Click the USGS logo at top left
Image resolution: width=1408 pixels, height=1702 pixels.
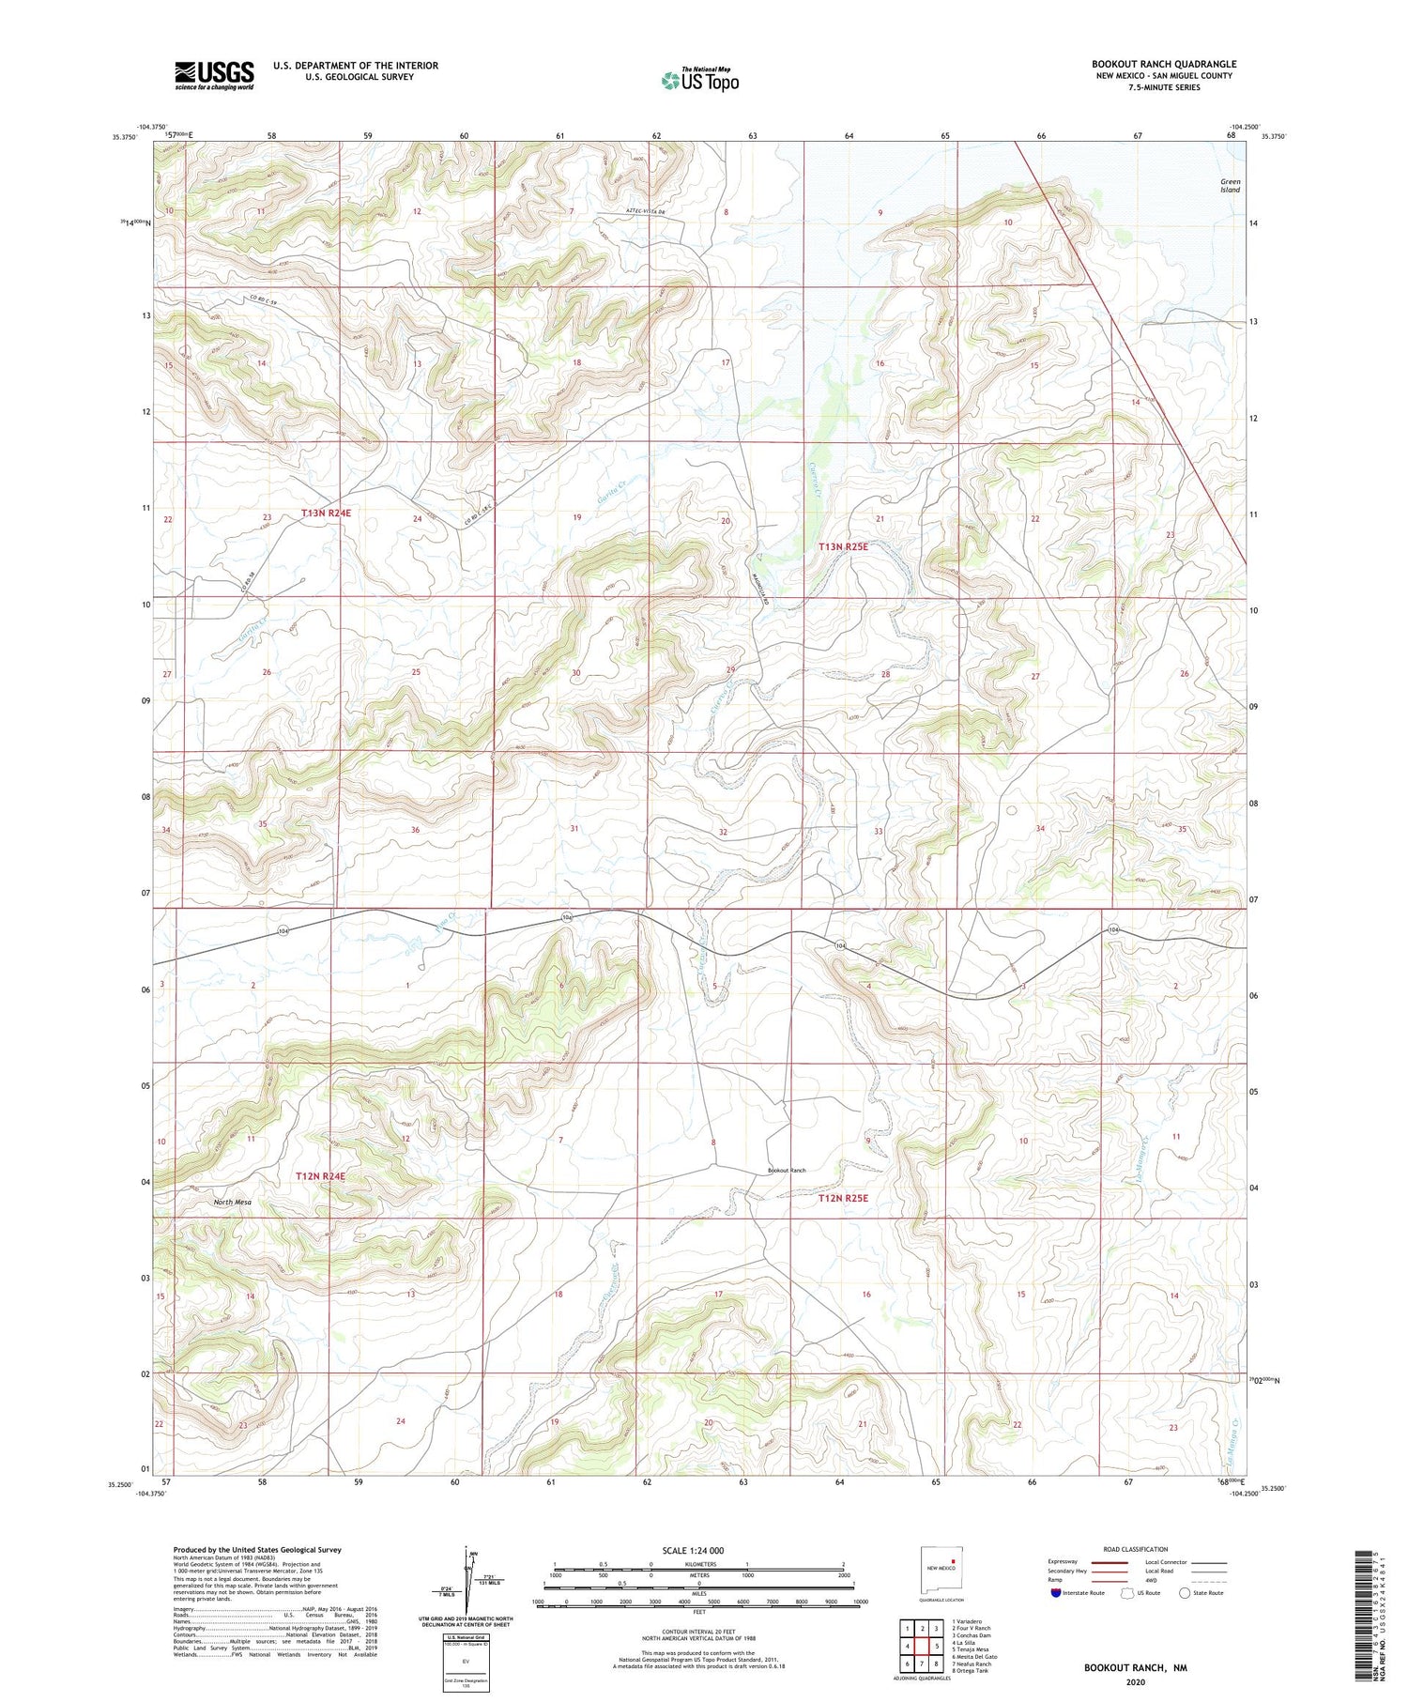coord(214,75)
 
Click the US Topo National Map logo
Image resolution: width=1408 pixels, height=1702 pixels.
coord(699,80)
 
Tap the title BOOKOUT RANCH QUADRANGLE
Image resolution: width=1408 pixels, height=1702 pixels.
coord(1163,64)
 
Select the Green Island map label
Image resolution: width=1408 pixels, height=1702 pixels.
coord(1230,186)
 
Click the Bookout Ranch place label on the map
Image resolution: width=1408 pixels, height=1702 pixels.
coord(787,1170)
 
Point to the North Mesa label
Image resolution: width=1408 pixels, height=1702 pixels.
coord(232,1202)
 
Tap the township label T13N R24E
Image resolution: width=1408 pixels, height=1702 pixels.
coord(326,514)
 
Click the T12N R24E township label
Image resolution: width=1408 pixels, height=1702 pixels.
coord(321,1175)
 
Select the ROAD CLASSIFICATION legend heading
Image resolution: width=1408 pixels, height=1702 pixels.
coord(1136,1549)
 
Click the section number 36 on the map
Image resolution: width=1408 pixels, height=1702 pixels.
coord(415,830)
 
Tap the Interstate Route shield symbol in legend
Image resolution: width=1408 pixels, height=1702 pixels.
coord(1056,1593)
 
